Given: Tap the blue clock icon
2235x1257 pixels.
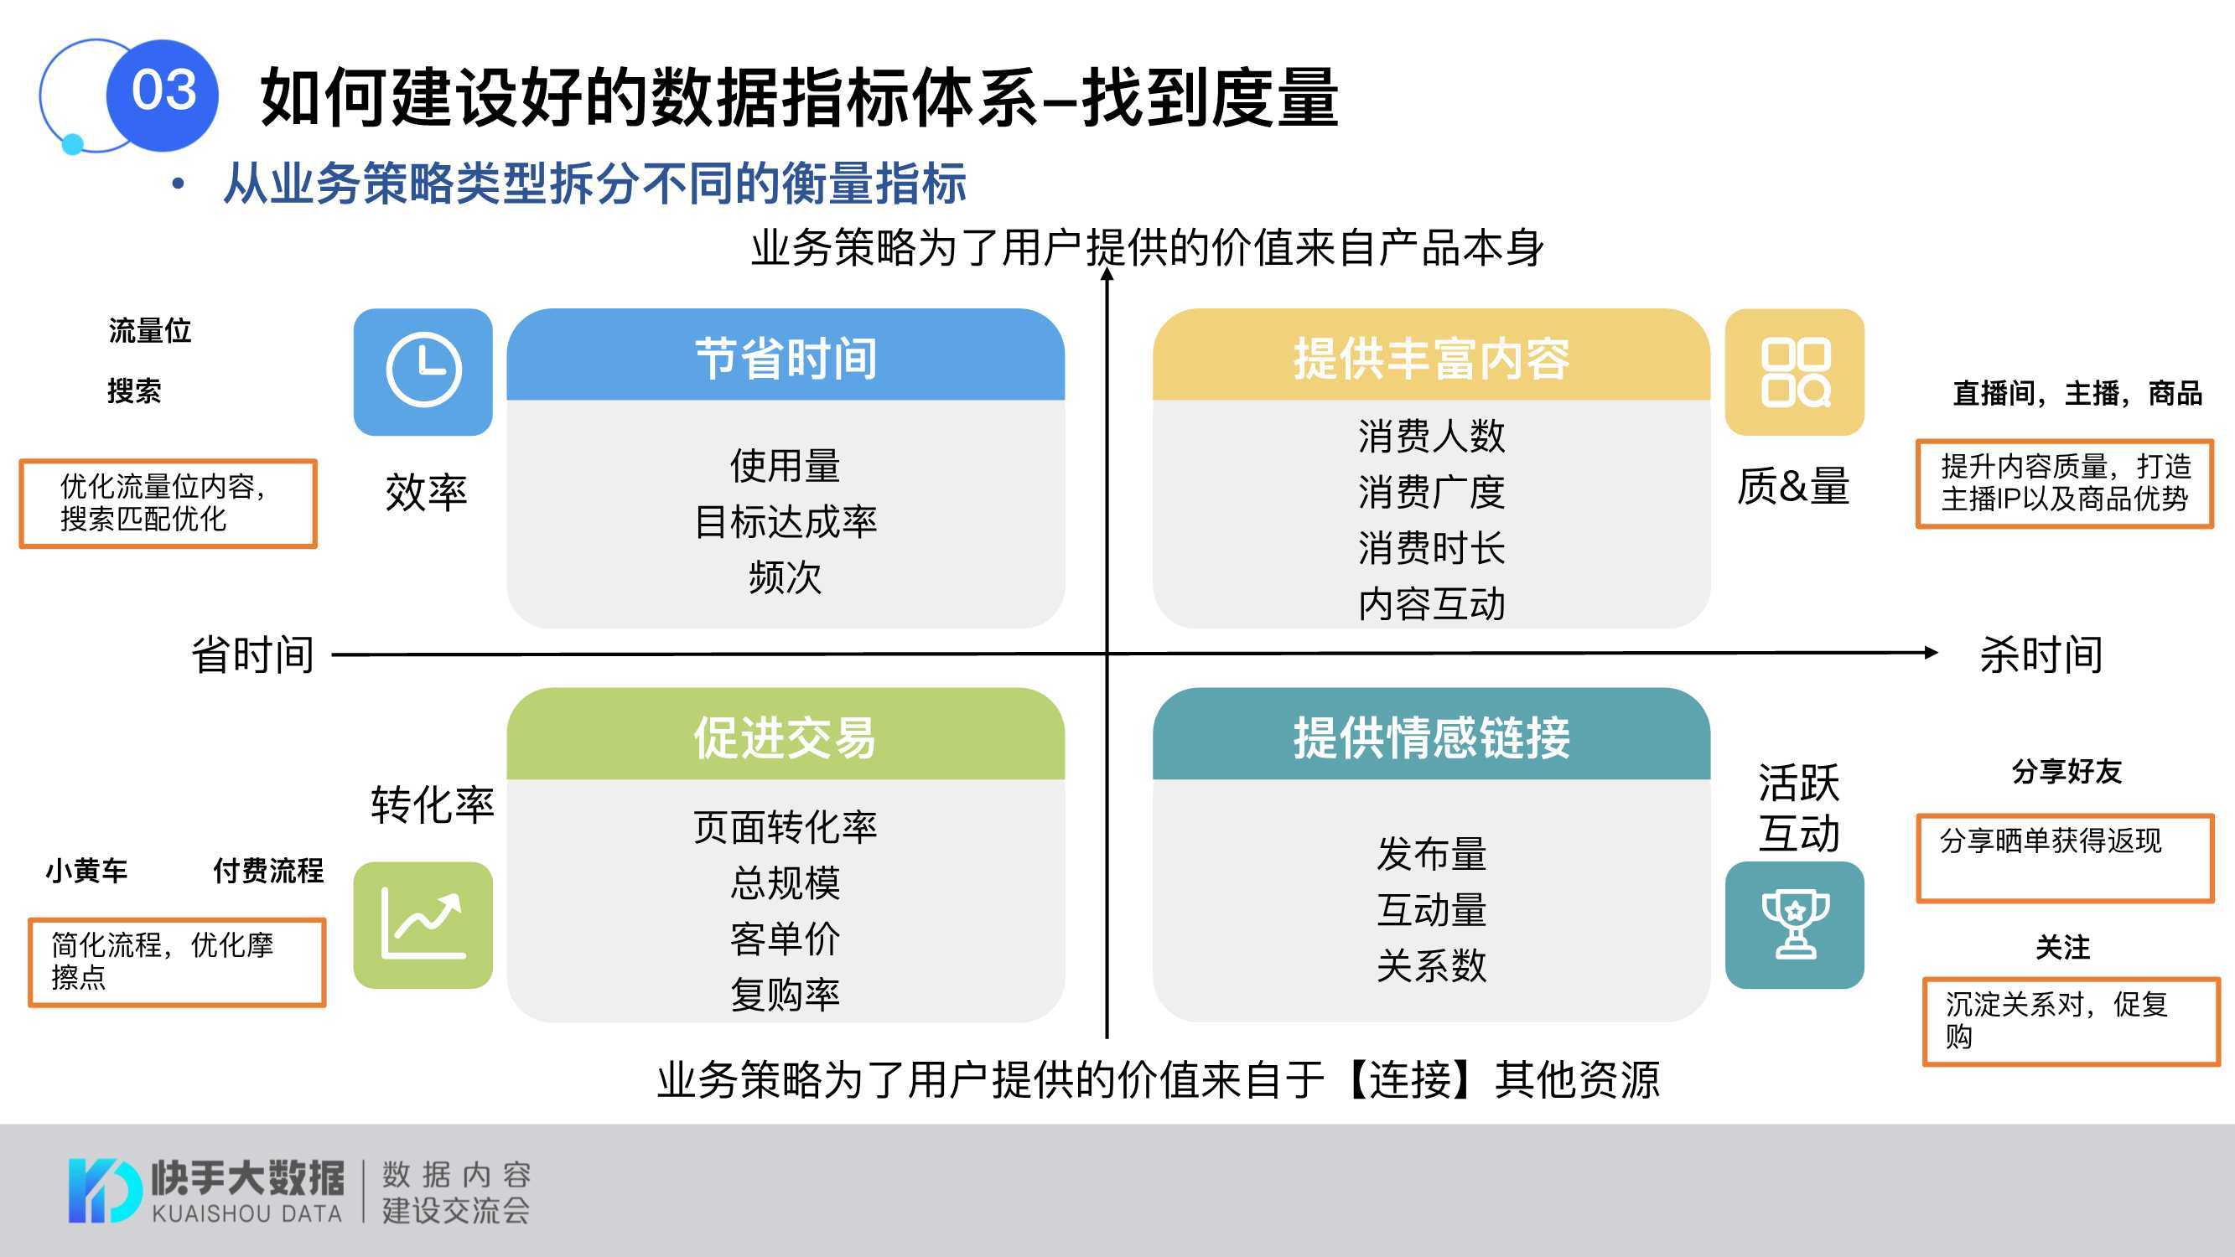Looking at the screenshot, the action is click(423, 371).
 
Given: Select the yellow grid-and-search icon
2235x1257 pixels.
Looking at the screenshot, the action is click(1794, 371).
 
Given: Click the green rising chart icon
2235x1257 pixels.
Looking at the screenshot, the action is click(423, 925).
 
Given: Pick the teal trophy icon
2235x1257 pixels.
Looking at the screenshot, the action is click(1794, 925).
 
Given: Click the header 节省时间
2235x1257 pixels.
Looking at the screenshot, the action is click(786, 358).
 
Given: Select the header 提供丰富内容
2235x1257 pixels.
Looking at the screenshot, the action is click(1432, 358).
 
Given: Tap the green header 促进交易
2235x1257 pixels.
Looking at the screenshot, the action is click(786, 737).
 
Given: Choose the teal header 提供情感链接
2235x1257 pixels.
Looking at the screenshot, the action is click(1432, 737).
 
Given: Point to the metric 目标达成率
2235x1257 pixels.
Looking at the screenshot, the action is click(786, 521).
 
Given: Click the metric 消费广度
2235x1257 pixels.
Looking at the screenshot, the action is click(1432, 492).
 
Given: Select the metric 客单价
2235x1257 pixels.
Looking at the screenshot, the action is click(786, 939).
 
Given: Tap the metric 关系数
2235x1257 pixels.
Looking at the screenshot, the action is click(1432, 965).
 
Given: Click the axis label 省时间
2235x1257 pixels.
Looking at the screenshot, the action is click(252, 654).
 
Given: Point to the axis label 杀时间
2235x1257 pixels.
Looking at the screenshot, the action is click(2041, 654).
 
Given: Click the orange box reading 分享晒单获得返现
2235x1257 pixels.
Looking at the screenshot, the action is click(2065, 859).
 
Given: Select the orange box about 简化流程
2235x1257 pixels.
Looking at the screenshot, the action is click(177, 962).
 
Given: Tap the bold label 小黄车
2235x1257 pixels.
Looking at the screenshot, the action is click(86, 870).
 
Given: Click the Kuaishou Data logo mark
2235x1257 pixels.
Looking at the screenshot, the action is click(104, 1190).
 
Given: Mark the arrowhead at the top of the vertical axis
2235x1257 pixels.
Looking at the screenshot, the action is click(1107, 274).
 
